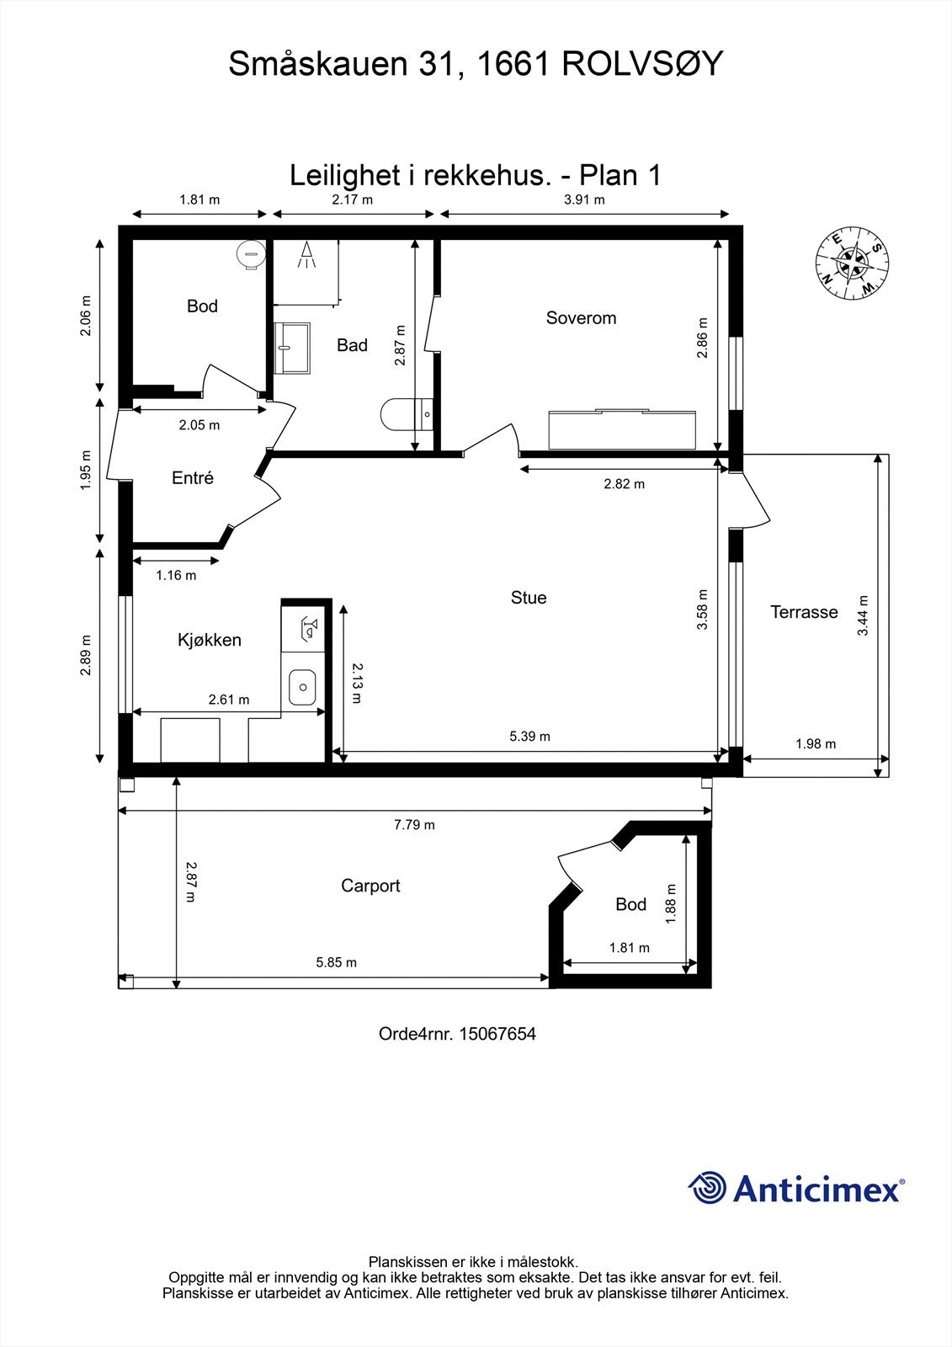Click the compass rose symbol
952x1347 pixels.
(x=852, y=263)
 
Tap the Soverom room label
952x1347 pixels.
(x=581, y=318)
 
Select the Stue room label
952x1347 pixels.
(x=529, y=598)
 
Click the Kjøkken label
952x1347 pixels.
(x=210, y=640)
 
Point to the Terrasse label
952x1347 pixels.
(x=804, y=612)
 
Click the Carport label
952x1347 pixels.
(x=370, y=886)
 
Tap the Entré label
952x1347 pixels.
(x=193, y=478)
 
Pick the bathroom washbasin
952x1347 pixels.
(x=291, y=347)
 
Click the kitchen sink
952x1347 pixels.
(x=301, y=687)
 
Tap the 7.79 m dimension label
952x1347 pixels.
(x=414, y=825)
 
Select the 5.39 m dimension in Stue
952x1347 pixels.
(x=529, y=737)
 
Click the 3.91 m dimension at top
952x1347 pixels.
(x=584, y=200)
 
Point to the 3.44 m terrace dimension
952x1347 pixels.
(x=863, y=615)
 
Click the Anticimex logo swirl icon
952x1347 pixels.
(x=707, y=1188)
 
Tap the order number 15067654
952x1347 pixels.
(x=497, y=1034)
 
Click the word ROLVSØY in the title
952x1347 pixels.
(x=642, y=65)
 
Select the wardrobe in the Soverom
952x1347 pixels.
(x=622, y=429)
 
